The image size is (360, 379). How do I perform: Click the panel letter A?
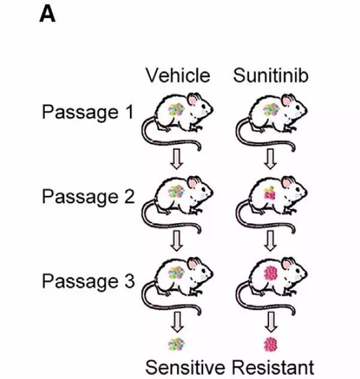pos(47,14)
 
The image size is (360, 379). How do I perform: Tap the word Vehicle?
pos(178,76)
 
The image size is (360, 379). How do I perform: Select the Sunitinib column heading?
pos(271,76)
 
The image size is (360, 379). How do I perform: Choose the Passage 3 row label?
pos(87,281)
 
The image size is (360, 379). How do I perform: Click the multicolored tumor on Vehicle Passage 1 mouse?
pos(176,110)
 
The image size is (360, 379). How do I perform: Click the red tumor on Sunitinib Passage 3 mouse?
pos(271,274)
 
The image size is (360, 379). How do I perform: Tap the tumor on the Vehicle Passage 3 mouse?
pos(176,274)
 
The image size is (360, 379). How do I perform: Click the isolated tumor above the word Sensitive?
pos(176,344)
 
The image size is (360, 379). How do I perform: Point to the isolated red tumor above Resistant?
pos(271,344)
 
